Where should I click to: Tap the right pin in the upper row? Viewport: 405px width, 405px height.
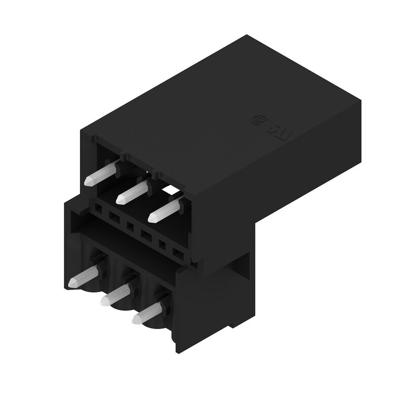click(x=165, y=210)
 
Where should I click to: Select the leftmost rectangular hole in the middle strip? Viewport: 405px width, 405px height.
click(x=98, y=208)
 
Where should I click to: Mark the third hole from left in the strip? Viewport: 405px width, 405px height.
click(x=130, y=225)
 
